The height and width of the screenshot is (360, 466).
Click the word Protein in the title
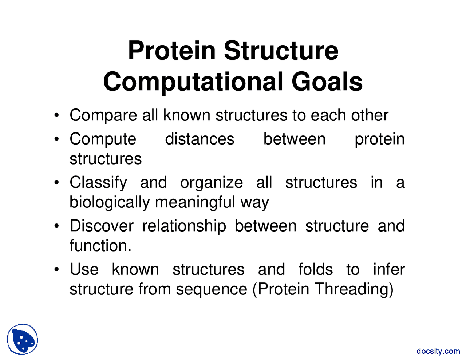click(171, 50)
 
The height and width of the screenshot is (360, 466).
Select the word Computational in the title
click(193, 83)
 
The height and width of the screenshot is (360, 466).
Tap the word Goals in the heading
click(327, 82)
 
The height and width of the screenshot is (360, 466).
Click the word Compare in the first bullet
click(103, 116)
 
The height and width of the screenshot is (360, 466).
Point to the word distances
click(200, 139)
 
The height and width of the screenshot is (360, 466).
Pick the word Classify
click(98, 183)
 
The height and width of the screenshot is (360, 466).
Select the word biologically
click(110, 202)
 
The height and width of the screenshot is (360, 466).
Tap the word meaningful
click(195, 202)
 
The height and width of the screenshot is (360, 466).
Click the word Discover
click(102, 226)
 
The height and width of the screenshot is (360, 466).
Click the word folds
click(315, 269)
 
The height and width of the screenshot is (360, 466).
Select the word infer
click(389, 269)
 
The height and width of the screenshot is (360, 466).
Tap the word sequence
click(212, 290)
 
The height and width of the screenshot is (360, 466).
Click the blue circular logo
click(23, 339)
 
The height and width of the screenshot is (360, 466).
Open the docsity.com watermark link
click(438, 351)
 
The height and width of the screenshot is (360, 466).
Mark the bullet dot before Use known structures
click(57, 269)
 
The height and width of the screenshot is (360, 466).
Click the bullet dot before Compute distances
click(57, 139)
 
